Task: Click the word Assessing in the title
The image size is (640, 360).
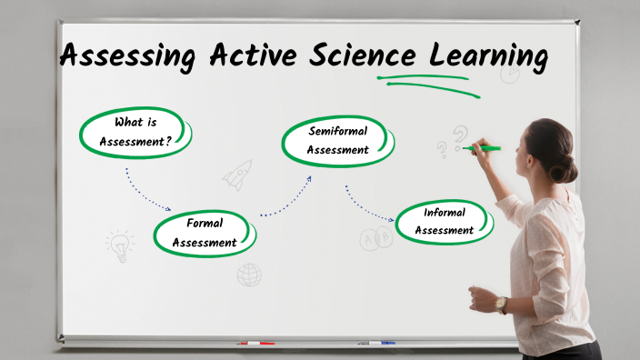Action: [127, 56]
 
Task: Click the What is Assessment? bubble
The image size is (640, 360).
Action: [136, 133]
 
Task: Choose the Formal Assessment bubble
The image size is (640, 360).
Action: [205, 232]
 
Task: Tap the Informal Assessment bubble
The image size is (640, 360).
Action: [445, 221]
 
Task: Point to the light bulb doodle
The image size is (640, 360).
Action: [119, 244]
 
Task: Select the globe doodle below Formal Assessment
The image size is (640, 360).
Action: [249, 274]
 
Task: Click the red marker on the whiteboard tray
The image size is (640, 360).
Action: [256, 344]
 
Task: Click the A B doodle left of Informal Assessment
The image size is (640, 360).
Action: [374, 239]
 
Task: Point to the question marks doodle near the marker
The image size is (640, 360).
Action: [451, 141]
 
